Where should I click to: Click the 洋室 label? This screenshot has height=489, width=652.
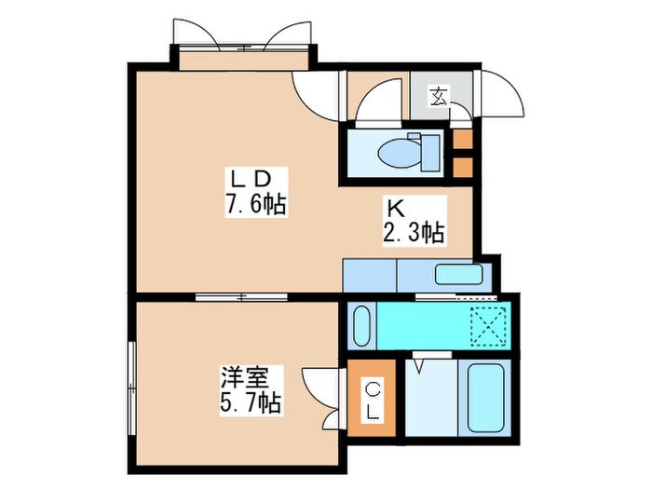click(x=245, y=379)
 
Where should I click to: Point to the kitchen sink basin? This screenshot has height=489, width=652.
click(x=458, y=275)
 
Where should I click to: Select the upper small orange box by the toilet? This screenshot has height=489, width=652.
click(x=462, y=140)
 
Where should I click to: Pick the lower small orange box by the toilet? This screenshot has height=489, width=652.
click(x=462, y=168)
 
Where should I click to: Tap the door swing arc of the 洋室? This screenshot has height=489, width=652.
click(x=318, y=385)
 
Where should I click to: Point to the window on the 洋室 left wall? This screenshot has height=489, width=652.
click(x=130, y=382)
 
